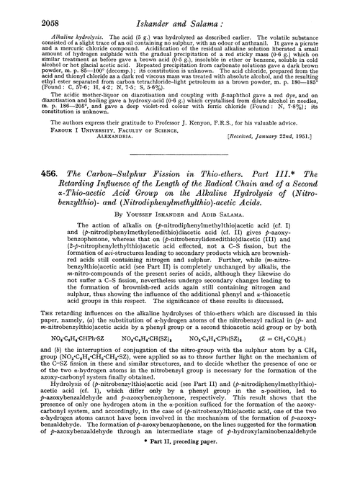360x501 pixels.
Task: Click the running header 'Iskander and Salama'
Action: pos(181,12)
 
